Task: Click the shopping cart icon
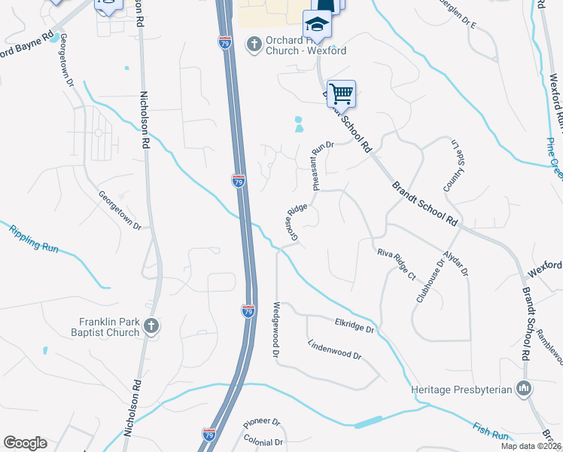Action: (x=341, y=94)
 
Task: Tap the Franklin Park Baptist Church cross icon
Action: (x=151, y=327)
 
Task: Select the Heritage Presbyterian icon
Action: (x=524, y=389)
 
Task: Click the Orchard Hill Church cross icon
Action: (x=254, y=44)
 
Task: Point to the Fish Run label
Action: (x=490, y=433)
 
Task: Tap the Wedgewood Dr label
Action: (x=276, y=329)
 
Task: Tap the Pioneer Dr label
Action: (x=261, y=424)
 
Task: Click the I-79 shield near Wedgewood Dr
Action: (x=248, y=310)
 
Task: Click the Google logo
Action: (x=25, y=443)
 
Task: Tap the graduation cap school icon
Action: (x=317, y=26)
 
